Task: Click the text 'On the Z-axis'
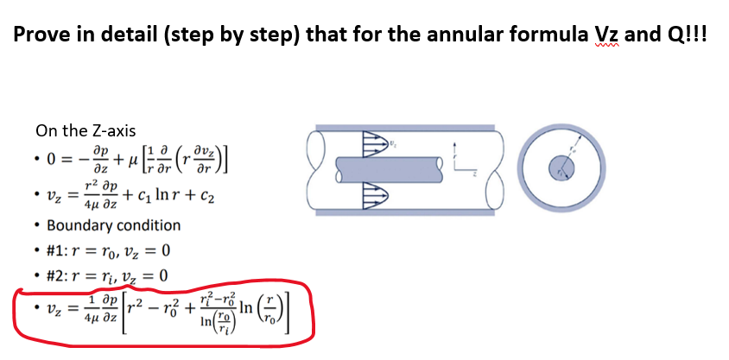tap(86, 131)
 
